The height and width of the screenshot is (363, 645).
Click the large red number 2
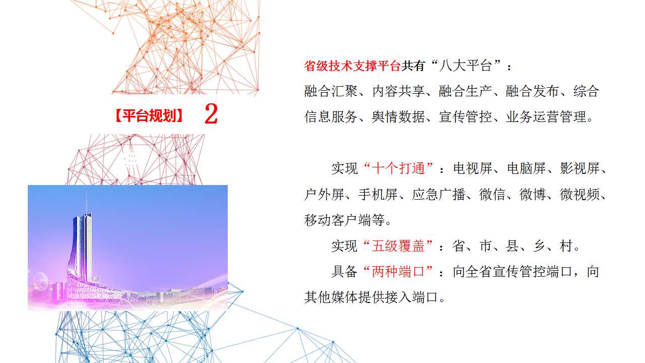click(211, 114)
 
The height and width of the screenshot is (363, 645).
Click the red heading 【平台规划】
click(149, 116)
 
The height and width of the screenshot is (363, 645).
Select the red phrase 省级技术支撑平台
click(352, 66)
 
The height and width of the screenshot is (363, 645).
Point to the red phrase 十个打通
click(399, 168)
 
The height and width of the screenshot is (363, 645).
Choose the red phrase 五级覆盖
click(399, 247)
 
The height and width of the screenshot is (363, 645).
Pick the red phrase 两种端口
click(399, 272)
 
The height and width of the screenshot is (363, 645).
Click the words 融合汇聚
click(331, 91)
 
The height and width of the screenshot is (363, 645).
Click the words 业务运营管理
click(546, 116)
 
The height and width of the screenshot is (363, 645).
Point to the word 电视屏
click(473, 168)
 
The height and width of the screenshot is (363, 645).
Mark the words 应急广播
click(439, 195)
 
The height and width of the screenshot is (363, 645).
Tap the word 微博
click(533, 195)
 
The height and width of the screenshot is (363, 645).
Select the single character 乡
click(539, 247)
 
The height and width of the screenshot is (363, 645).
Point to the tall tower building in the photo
click(82, 248)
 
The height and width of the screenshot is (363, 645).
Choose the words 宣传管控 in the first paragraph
click(466, 116)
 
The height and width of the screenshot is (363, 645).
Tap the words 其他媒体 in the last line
click(331, 297)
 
